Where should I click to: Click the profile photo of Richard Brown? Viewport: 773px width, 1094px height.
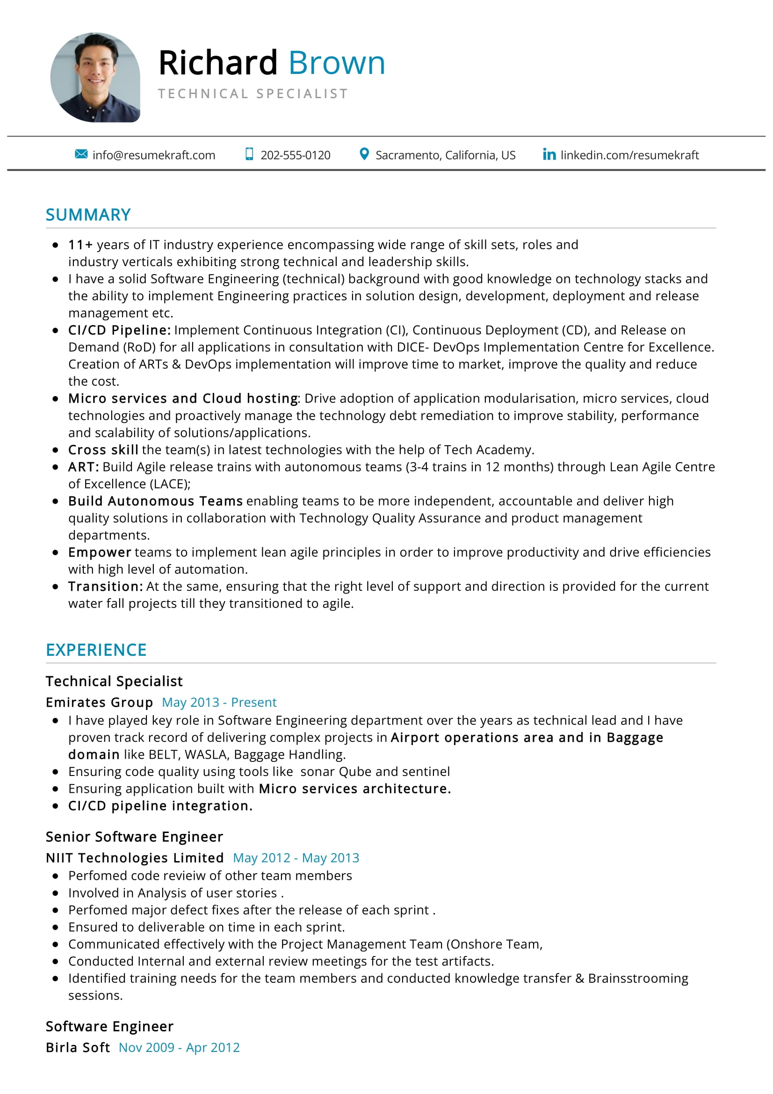[x=95, y=77]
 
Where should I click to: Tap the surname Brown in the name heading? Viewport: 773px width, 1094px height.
[x=336, y=63]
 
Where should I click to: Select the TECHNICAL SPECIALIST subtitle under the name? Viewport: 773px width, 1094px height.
[x=253, y=94]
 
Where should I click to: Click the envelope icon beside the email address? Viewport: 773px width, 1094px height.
[x=81, y=154]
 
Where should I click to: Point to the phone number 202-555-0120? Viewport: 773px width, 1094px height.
[x=295, y=155]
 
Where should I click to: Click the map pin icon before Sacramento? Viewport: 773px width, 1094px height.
[x=364, y=154]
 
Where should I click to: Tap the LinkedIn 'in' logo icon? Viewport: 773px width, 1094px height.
[x=549, y=154]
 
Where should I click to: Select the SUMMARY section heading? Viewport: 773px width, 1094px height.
[x=88, y=215]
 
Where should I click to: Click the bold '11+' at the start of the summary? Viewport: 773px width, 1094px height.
[x=80, y=245]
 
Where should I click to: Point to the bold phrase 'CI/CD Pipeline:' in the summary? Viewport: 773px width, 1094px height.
[x=119, y=330]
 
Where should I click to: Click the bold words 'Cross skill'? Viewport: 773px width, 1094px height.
[x=103, y=450]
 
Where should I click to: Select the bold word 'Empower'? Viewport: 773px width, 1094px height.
[x=100, y=552]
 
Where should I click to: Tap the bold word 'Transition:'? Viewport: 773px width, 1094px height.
[x=105, y=587]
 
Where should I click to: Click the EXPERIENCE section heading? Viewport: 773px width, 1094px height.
[x=96, y=650]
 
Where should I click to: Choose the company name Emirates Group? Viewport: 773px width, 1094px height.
[x=99, y=703]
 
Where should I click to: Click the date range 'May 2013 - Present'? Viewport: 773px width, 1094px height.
[x=219, y=703]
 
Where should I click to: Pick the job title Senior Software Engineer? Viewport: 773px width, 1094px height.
[x=134, y=837]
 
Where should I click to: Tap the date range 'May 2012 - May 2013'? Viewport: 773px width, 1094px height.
[x=296, y=858]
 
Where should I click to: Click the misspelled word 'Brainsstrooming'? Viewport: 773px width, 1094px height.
[x=638, y=978]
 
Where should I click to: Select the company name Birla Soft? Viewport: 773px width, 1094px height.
[x=78, y=1047]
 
